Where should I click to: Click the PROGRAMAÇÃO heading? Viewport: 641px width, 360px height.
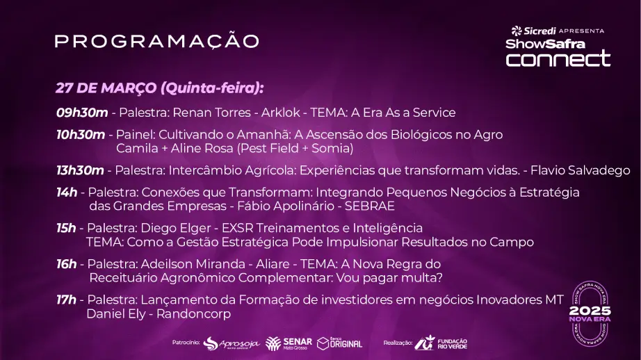[157, 41]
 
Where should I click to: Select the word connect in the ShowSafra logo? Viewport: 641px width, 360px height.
[558, 58]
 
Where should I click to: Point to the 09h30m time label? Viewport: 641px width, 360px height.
[82, 113]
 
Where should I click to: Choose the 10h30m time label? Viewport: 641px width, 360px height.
[81, 135]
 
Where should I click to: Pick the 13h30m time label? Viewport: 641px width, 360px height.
[80, 170]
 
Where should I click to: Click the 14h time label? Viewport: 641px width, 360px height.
[67, 193]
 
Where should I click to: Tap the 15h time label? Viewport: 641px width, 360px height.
[66, 228]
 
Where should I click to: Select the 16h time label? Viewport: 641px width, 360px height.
[67, 264]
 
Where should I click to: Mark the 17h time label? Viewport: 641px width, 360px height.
[66, 300]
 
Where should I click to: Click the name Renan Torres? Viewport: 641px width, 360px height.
[212, 113]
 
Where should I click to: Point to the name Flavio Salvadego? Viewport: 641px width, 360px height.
[580, 170]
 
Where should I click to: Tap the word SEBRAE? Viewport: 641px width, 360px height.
[370, 206]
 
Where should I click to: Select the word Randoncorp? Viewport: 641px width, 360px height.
[194, 314]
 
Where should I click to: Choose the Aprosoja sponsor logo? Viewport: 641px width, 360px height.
[232, 343]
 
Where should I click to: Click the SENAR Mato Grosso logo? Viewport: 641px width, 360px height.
[289, 343]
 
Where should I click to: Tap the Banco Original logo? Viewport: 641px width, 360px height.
[340, 343]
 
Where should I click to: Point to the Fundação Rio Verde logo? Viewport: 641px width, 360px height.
[441, 343]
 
